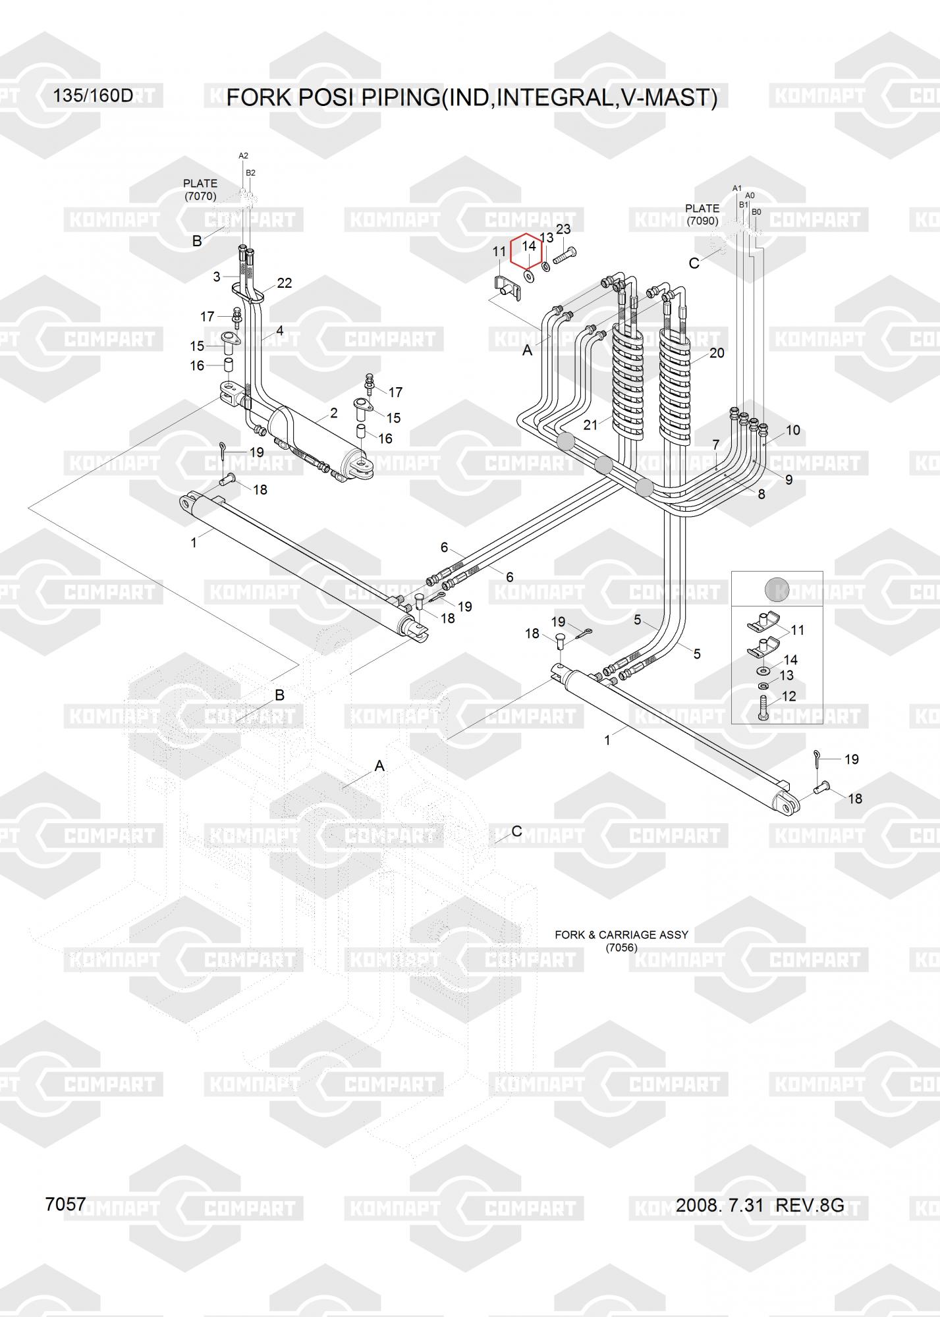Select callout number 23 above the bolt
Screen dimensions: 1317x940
563,229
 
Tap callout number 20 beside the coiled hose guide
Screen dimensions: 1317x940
717,353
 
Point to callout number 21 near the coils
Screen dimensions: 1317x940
590,425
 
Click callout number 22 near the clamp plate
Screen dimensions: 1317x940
284,283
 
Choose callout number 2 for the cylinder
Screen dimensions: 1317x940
334,413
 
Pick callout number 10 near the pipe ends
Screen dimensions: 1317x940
793,430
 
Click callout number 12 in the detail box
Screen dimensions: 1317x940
788,696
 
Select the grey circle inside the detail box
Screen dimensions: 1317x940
777,589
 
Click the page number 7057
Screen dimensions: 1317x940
65,1204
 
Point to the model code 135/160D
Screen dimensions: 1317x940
93,96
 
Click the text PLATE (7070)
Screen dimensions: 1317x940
200,190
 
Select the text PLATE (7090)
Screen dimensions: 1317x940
702,215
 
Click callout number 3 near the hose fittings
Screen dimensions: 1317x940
217,277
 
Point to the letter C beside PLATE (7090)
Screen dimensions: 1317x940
694,263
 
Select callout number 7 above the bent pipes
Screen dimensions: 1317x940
716,445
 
